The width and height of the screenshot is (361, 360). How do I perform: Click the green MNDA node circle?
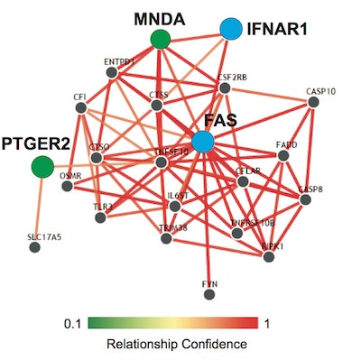point(160,38)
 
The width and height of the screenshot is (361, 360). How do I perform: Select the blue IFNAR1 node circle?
point(231,30)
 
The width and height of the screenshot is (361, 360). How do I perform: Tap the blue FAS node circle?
point(204,141)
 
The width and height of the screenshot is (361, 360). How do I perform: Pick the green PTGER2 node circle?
point(41,167)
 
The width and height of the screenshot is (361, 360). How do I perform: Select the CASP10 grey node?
point(313,103)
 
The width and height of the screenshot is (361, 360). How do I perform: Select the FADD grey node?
point(283,156)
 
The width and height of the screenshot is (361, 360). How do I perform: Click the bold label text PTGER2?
point(33,142)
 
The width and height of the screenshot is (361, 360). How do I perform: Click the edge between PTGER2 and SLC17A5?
point(38,207)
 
